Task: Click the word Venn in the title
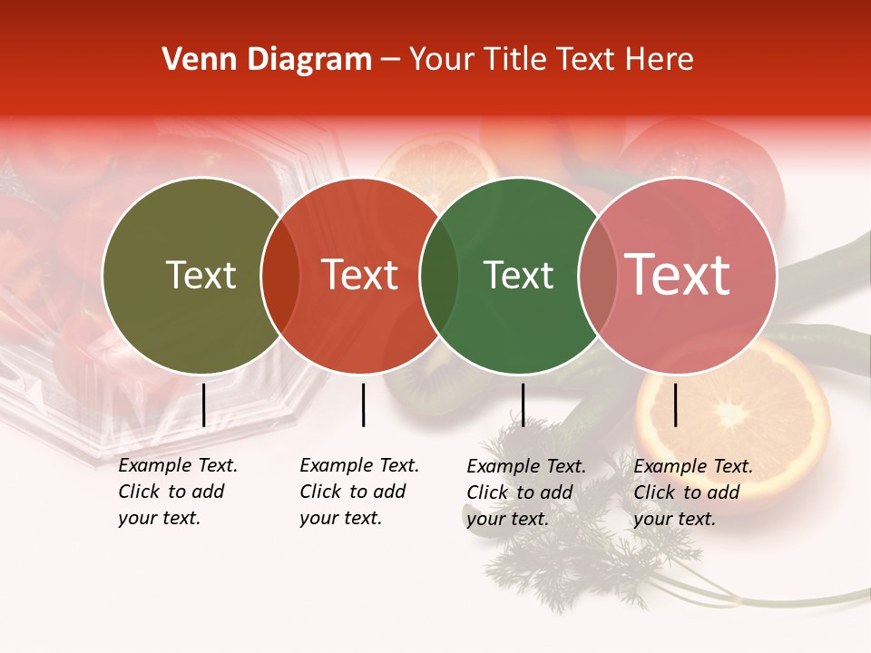click(192, 60)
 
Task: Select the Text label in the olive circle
click(201, 275)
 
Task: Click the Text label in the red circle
click(360, 275)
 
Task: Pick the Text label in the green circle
click(518, 275)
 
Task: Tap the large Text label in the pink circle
click(678, 275)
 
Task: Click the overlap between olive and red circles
click(280, 276)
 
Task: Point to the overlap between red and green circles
click(439, 276)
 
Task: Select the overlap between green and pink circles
click(598, 276)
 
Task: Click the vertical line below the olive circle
click(203, 404)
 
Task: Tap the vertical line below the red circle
click(363, 404)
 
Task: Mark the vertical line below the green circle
click(523, 404)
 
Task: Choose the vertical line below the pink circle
click(675, 404)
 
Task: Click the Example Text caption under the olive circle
click(178, 492)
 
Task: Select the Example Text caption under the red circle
click(359, 492)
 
